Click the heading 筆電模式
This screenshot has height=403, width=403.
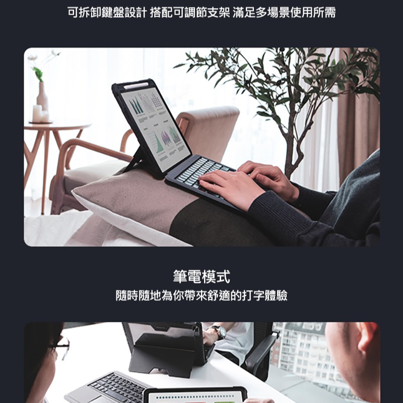click(201, 277)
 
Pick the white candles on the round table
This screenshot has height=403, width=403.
click(40, 114)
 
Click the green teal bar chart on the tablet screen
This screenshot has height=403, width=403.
click(134, 106)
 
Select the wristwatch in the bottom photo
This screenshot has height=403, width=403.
click(219, 332)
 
